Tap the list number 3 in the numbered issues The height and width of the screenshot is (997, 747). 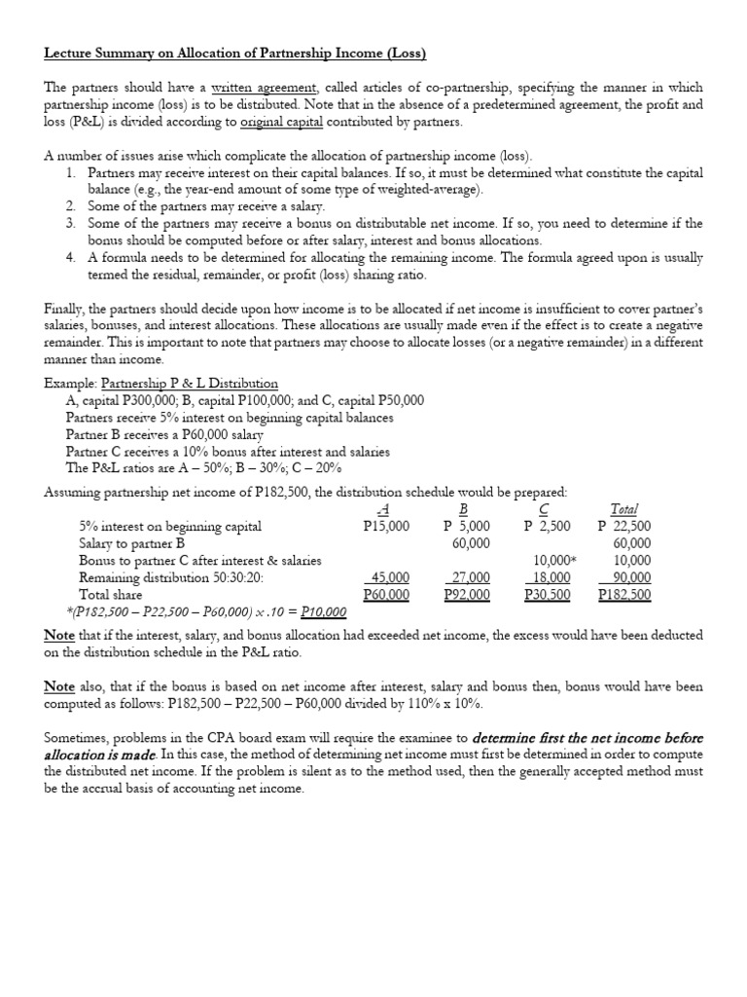click(x=71, y=223)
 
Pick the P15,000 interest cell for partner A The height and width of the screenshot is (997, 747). click(x=386, y=526)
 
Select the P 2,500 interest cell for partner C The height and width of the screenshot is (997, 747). click(x=548, y=526)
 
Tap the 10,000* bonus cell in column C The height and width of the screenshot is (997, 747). click(x=554, y=560)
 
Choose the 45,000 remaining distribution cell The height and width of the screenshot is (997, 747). click(x=389, y=577)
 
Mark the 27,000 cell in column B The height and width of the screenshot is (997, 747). click(x=469, y=577)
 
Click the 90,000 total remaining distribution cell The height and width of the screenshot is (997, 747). click(x=631, y=577)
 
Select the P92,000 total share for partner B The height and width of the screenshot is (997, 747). click(x=467, y=594)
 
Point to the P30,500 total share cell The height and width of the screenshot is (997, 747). click(x=547, y=594)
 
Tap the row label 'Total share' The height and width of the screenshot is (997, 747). click(x=111, y=594)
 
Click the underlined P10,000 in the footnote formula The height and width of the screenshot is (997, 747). click(x=323, y=611)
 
